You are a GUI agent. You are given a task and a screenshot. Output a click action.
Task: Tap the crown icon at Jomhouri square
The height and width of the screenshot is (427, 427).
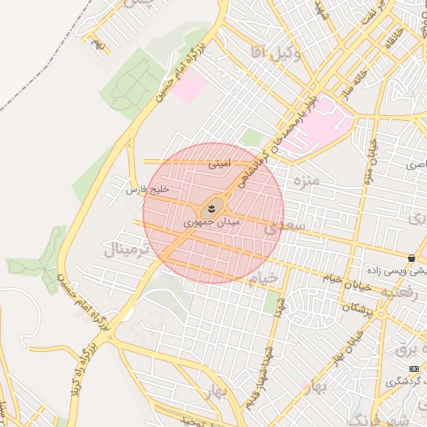pyautogui.click(x=212, y=206)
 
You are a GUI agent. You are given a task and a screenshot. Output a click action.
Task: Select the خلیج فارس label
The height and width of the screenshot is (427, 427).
pyautogui.click(x=147, y=190)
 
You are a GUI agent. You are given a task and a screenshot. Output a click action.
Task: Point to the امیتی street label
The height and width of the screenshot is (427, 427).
pyautogui.click(x=218, y=164)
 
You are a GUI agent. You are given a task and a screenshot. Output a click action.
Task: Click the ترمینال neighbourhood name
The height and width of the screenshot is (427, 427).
pyautogui.click(x=127, y=249)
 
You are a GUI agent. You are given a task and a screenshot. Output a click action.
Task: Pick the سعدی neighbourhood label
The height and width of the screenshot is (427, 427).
pyautogui.click(x=284, y=227)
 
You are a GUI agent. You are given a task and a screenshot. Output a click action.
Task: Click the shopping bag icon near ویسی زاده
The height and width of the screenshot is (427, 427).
pyautogui.click(x=413, y=258)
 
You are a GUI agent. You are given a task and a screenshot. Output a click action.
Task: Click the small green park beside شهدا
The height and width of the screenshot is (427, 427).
pyautogui.click(x=272, y=303)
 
